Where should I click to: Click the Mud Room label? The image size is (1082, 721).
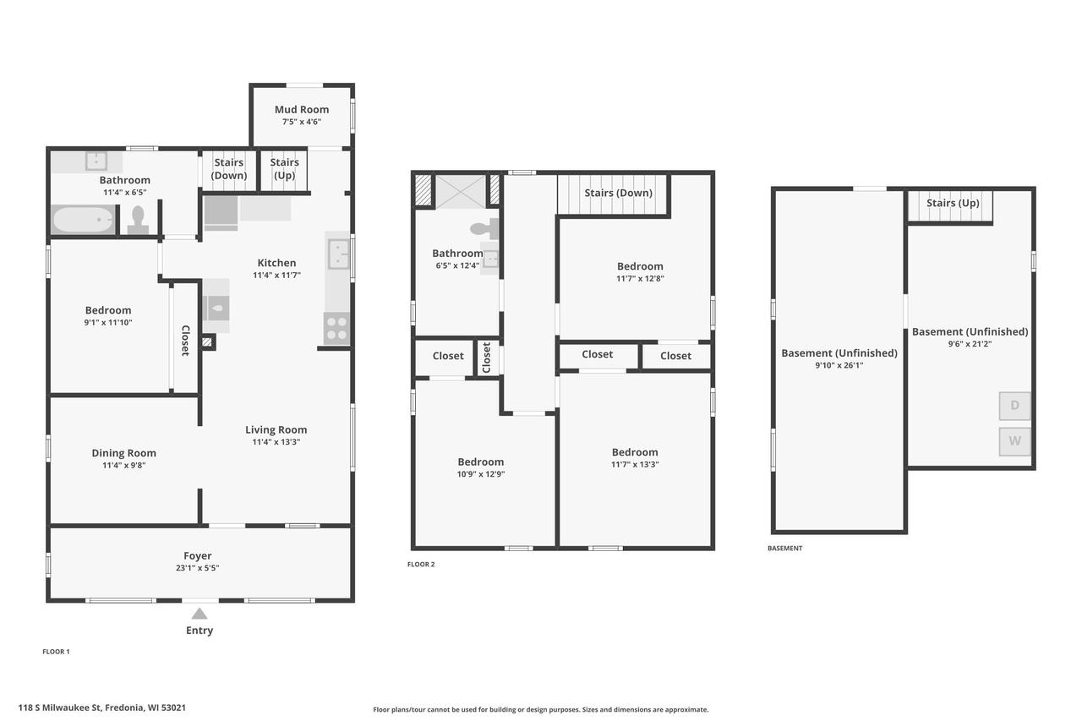[302, 110]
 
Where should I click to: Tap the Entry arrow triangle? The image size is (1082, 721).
[199, 614]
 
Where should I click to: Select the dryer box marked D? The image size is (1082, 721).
[1014, 406]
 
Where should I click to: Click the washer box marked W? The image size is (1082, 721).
[1014, 441]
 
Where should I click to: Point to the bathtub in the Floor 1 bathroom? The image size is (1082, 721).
[83, 220]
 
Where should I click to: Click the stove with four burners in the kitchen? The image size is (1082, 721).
[336, 329]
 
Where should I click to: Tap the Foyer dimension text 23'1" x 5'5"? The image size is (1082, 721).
[197, 568]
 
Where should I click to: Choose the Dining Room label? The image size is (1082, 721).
[123, 453]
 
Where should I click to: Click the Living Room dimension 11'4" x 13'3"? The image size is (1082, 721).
[276, 442]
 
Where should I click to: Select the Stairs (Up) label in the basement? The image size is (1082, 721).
[953, 203]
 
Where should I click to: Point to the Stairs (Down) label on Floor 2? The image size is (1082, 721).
[618, 193]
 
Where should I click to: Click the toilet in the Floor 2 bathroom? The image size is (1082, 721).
[484, 228]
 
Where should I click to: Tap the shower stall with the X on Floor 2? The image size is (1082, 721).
[461, 192]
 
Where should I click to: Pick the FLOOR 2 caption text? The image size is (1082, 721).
[421, 564]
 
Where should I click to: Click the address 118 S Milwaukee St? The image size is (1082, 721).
[60, 707]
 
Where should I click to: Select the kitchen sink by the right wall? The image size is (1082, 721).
[338, 254]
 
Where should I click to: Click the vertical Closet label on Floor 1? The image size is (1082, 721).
[185, 341]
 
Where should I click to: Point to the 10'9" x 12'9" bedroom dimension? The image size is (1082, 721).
[481, 474]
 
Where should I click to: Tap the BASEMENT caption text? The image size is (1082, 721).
[785, 548]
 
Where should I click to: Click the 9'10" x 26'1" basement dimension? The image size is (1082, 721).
[839, 365]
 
